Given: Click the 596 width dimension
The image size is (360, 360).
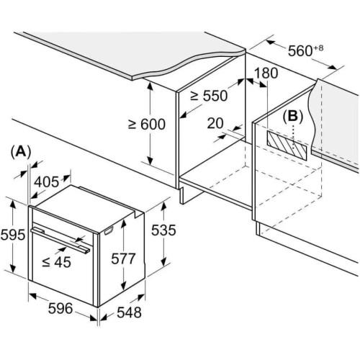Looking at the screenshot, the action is (60, 308).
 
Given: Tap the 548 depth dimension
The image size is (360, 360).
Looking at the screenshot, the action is (129, 312).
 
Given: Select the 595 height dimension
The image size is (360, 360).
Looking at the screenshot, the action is (13, 235).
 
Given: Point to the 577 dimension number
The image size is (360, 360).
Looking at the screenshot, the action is (123, 258).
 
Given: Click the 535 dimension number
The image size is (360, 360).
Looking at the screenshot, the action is (163, 230).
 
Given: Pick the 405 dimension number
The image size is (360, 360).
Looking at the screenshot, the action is (46, 181).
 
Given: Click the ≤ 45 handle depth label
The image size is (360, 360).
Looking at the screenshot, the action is (57, 262).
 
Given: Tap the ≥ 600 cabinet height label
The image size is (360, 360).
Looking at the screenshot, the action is (147, 124).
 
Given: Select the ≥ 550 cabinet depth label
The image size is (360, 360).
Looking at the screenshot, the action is (209, 96).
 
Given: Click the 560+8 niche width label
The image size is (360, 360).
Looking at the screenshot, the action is (305, 50).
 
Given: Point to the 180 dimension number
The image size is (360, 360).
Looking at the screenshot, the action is (266, 73).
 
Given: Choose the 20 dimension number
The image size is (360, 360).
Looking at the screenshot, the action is (215, 123).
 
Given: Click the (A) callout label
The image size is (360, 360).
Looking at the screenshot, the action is (21, 152).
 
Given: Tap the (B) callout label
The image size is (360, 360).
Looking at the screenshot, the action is (293, 117).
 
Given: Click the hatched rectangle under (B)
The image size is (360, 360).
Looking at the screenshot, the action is (287, 145).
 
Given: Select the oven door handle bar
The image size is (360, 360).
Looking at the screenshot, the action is (60, 240).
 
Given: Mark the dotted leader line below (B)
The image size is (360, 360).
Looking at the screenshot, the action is (293, 140).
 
